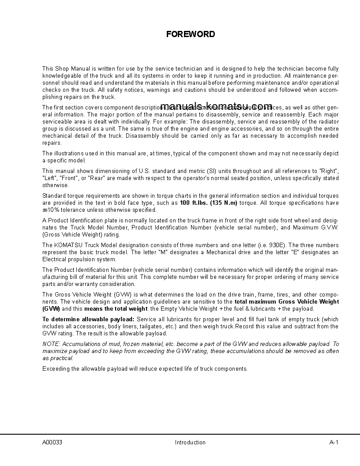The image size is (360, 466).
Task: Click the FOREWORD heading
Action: [191, 34]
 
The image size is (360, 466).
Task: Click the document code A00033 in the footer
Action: [52, 443]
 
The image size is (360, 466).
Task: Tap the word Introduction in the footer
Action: [190, 443]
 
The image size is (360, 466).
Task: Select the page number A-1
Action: [334, 443]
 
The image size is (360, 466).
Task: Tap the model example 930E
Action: [277, 245]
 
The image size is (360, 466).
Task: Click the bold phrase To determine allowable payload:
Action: [88, 319]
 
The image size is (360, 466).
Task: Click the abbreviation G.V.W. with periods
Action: [328, 228]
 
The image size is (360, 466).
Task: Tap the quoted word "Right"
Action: [328, 171]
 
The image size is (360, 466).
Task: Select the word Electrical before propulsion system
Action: [54, 259]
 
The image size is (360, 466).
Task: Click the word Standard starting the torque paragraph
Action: [54, 196]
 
